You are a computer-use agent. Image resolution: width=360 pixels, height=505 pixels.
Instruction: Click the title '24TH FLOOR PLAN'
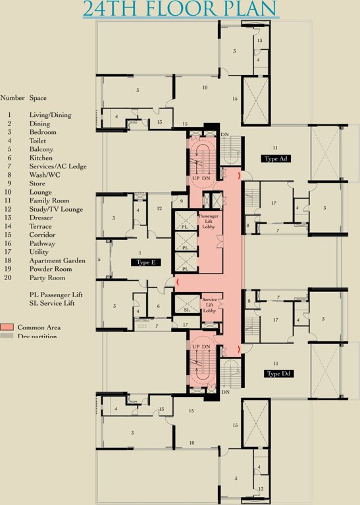tap(180, 9)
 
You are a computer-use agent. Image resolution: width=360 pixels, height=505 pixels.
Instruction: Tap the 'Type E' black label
tap(145, 262)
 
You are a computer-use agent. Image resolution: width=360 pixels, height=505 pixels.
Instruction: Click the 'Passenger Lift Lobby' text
tap(210, 224)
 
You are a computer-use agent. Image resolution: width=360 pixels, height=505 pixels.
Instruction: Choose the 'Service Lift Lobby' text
tap(210, 304)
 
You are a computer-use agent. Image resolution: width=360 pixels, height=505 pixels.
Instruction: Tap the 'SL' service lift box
tap(186, 310)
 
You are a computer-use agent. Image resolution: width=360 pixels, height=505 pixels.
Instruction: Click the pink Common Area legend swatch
tap(7, 327)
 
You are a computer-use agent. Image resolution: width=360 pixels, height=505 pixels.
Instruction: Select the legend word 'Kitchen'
tap(41, 158)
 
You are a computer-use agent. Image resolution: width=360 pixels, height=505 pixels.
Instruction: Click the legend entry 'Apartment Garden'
tap(57, 260)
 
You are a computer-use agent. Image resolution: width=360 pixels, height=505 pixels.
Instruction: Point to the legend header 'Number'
tap(13, 98)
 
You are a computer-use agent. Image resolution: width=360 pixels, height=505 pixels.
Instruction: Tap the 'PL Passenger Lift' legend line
tap(59, 295)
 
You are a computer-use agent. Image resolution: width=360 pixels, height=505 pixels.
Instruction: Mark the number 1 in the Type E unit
tap(140, 252)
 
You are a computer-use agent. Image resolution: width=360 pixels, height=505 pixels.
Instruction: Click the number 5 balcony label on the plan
tap(99, 260)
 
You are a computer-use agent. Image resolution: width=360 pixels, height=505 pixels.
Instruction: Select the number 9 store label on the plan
tap(181, 201)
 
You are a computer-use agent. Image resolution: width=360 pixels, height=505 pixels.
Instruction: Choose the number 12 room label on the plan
tap(159, 208)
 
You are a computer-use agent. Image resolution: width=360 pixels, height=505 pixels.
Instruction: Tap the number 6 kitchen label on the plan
tap(159, 306)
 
